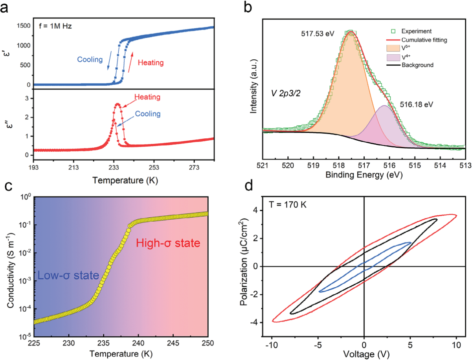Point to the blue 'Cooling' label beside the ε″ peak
[x=147, y=114]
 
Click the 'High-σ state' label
[x=168, y=244]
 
